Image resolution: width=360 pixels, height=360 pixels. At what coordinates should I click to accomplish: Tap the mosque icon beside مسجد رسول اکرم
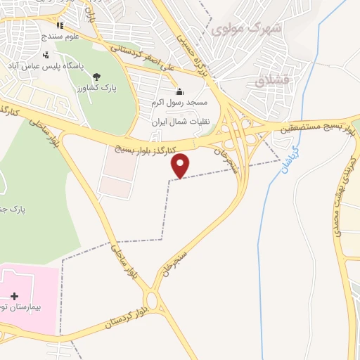179,91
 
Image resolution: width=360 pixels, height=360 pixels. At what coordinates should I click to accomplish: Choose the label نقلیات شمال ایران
181,122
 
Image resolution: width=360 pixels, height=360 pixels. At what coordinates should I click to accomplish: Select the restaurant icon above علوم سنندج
60,25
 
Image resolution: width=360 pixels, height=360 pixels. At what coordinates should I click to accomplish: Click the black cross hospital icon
15,297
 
